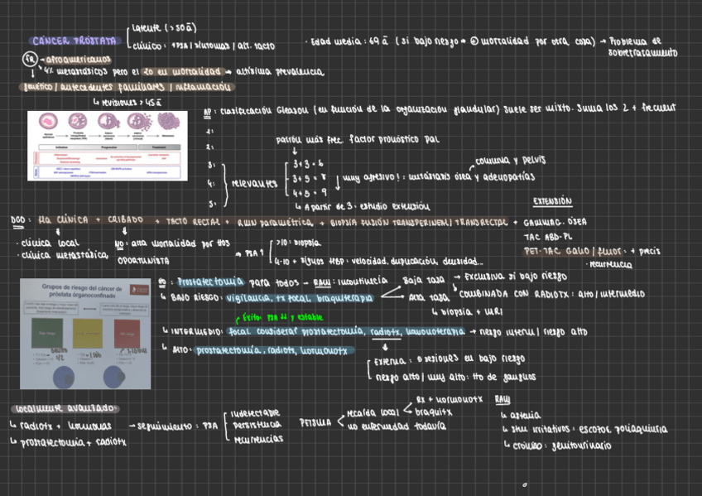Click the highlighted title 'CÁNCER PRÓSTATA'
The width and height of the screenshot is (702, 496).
tap(73, 40)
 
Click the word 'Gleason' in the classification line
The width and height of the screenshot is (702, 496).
tap(286, 108)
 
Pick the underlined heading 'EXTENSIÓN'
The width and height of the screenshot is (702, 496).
tap(551, 201)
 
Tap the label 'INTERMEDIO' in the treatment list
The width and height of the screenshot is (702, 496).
tap(196, 332)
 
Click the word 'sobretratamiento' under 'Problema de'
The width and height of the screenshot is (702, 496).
tap(642, 53)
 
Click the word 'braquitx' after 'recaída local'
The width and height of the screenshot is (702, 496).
tap(434, 412)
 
